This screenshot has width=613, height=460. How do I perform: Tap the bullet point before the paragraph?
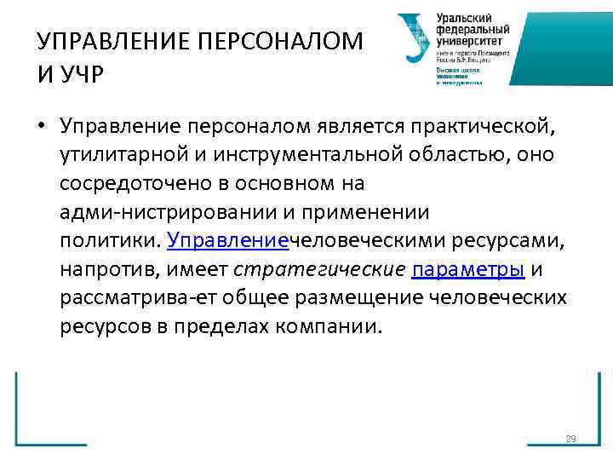pos(41,127)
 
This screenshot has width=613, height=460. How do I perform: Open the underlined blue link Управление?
pos(228,241)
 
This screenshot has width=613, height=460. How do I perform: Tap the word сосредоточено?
pos(125,184)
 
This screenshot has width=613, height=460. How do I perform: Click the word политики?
pos(108,241)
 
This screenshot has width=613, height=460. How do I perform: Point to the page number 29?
pos(570,440)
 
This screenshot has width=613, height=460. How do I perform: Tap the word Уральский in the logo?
pos(465,18)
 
